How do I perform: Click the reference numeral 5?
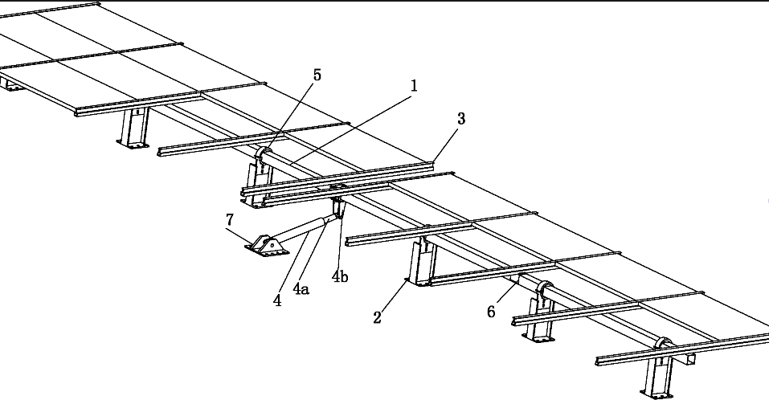tap(317, 75)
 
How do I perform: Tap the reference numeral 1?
tap(414, 85)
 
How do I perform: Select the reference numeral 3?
tap(460, 119)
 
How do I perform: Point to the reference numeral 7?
tap(230, 218)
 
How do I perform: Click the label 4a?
tap(302, 288)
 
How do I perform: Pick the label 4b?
tap(341, 277)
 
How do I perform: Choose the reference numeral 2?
tap(377, 316)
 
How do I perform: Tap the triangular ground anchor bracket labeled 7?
tap(266, 244)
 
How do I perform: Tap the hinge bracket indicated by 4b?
tap(338, 206)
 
